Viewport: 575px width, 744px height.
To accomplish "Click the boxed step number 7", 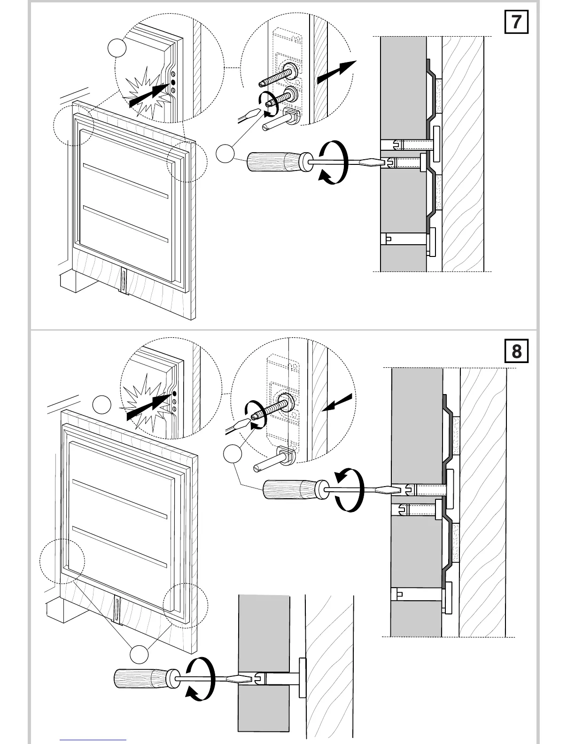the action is pos(516,22).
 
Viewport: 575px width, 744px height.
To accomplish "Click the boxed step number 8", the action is pos(516,351).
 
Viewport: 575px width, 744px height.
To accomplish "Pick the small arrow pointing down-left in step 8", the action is pos(338,403).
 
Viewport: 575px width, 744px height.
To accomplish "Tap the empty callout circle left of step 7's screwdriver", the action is pos(226,154).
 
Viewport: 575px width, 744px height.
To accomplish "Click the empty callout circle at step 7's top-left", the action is pos(117,48).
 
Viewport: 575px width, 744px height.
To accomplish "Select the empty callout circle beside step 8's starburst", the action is pos(101,405).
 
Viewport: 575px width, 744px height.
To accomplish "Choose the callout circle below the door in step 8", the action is pos(139,654).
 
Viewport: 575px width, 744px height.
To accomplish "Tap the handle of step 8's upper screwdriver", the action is pos(288,489).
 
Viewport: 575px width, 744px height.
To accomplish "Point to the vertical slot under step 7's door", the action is pos(124,281).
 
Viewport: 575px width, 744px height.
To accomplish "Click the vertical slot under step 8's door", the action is pos(117,610).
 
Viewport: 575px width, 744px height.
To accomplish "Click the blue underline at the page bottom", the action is pos(93,740).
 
